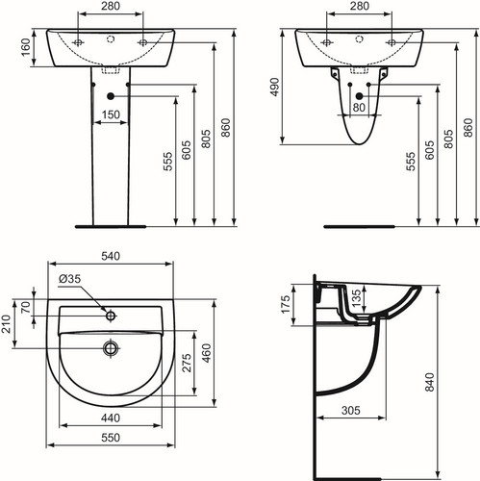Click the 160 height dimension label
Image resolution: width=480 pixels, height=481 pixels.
click(26, 47)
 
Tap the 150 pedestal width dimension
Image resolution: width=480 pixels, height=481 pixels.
click(111, 114)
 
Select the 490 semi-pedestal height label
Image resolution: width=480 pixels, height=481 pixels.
click(275, 87)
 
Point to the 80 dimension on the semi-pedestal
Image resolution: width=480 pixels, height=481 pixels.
click(359, 108)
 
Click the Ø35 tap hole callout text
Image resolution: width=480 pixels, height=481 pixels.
click(69, 279)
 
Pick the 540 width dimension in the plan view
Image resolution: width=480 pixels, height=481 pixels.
click(111, 256)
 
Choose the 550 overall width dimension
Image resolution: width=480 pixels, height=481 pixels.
click(111, 438)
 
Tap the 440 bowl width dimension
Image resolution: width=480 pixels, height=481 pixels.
click(111, 418)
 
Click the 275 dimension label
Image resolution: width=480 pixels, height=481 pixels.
click(187, 363)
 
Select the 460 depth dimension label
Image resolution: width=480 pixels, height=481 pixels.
click(207, 353)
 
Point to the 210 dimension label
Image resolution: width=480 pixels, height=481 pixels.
click(6, 324)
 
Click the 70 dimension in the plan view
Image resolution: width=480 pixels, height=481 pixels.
click(26, 307)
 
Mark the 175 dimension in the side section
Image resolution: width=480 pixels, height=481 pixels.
click(285, 304)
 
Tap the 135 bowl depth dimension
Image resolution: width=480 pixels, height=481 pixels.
click(356, 298)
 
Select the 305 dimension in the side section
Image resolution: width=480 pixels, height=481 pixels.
click(351, 410)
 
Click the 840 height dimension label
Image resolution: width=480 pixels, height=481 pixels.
click(429, 382)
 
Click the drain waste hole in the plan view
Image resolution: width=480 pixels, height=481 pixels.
click(111, 348)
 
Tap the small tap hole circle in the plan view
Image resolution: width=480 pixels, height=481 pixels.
click(111, 316)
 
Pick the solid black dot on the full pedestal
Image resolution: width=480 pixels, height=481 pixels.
click(111, 96)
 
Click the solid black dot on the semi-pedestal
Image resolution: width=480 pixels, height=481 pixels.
click(359, 96)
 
